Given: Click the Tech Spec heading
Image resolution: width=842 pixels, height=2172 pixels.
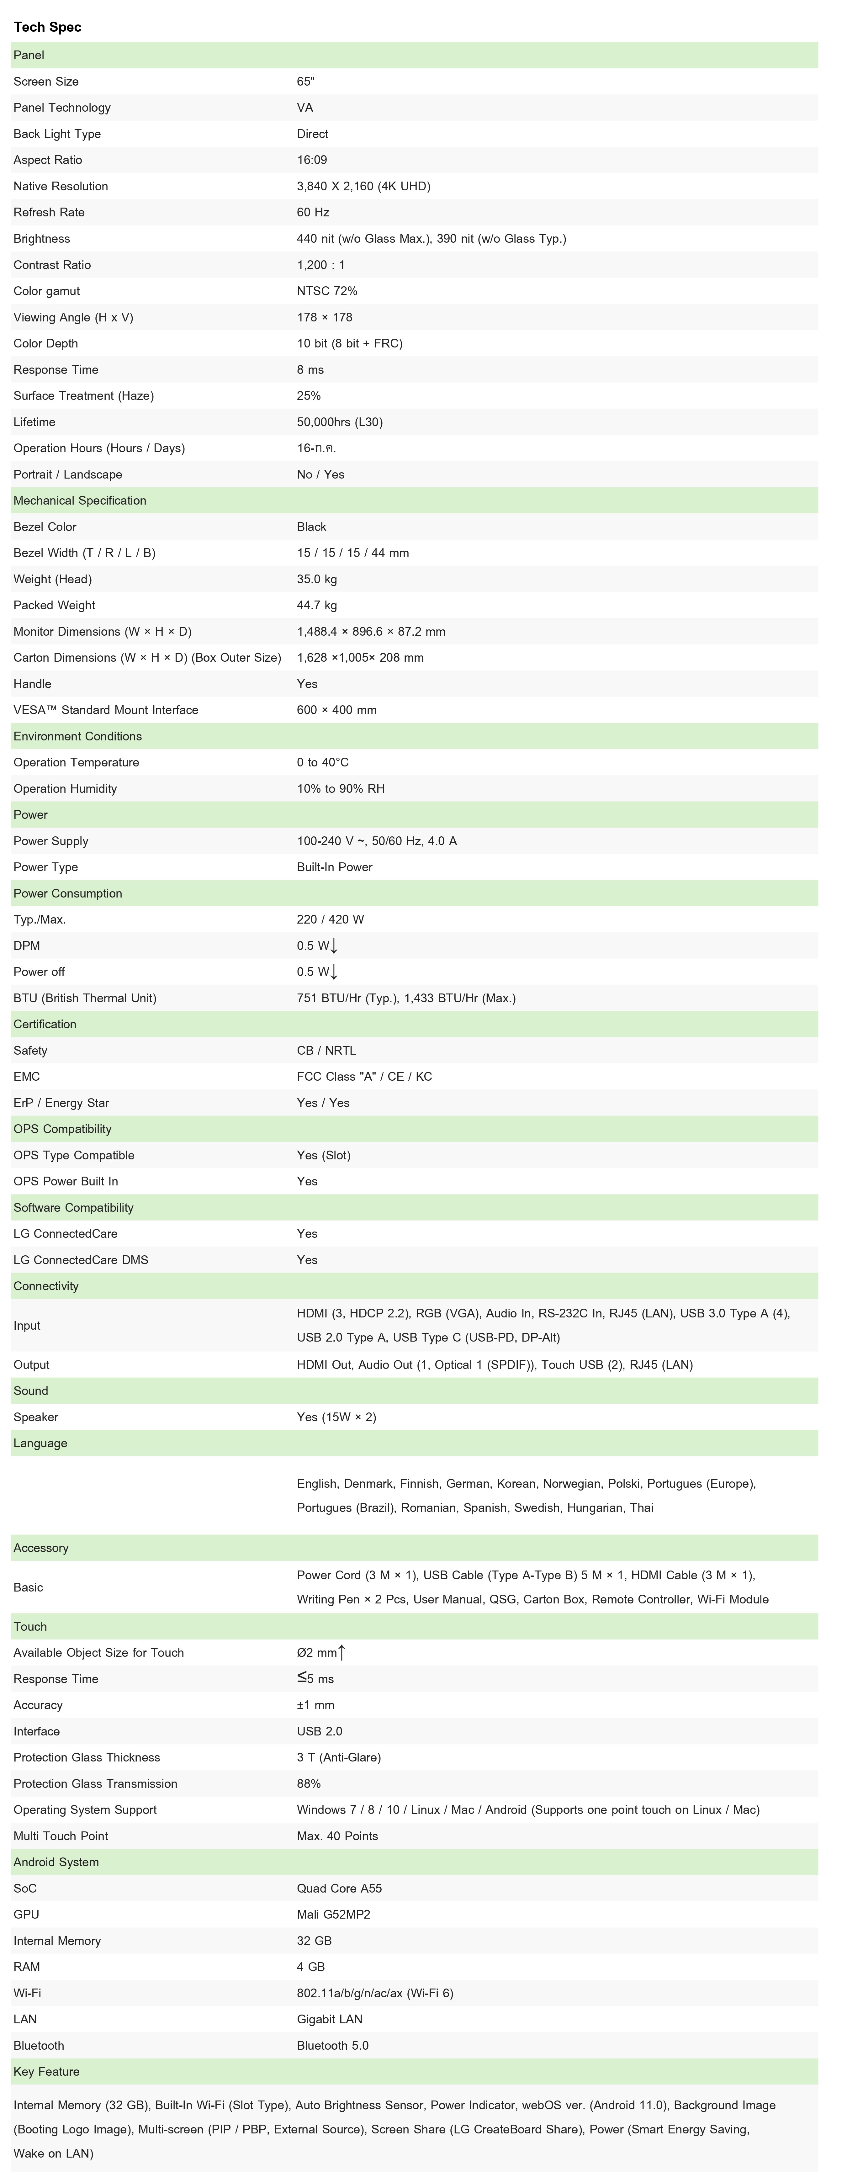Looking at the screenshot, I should coord(47,27).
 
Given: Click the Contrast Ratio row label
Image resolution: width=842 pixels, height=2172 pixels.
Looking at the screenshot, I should coord(52,265).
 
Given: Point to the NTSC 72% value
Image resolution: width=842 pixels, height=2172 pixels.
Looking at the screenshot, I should coord(327,291).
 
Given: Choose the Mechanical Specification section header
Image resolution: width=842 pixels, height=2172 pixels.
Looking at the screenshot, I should coord(80,500).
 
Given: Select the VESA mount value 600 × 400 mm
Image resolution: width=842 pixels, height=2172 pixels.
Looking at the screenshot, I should coord(336,710).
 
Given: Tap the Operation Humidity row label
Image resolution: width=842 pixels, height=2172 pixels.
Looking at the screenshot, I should coord(65,788).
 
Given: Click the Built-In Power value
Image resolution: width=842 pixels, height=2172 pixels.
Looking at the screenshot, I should coord(335,867).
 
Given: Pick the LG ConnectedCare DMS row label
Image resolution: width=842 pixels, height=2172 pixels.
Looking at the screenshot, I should coord(81,1260).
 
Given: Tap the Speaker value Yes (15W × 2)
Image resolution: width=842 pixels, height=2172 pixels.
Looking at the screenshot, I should coord(336,1417).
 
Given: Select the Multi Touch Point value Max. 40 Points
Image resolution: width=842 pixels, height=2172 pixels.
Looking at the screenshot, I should coord(337,1836).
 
